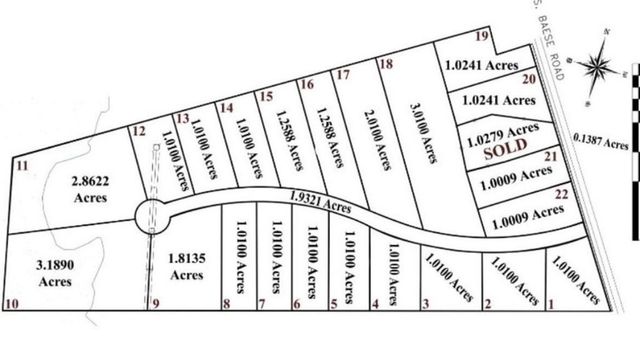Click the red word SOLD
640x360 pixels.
pos(505,154)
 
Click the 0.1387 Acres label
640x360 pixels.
pos(601,141)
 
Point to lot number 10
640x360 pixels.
pos(12,303)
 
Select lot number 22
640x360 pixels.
pos(561,193)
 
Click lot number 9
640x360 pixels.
pos(154,304)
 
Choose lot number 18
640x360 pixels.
pos(386,64)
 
